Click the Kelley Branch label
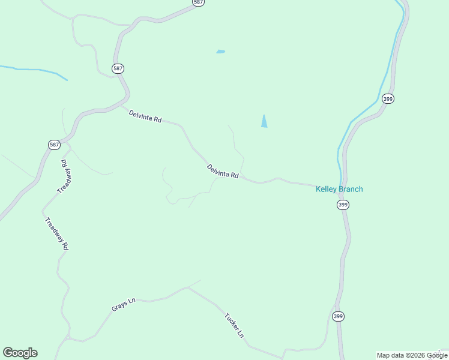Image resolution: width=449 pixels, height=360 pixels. click(x=339, y=190)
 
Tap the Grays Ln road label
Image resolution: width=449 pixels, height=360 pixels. click(x=124, y=305)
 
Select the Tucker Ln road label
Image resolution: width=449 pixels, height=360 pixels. click(x=235, y=325)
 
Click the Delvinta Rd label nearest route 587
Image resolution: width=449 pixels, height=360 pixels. click(x=145, y=115)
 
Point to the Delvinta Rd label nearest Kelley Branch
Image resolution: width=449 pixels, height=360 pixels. click(x=223, y=172)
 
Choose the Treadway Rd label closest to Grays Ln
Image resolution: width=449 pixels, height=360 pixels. click(x=57, y=233)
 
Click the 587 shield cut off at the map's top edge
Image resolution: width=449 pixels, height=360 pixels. click(x=199, y=2)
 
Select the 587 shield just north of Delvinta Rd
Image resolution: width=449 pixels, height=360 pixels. click(x=118, y=68)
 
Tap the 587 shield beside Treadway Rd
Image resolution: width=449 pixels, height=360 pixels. click(x=54, y=145)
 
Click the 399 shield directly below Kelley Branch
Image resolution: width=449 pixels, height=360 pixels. click(x=342, y=205)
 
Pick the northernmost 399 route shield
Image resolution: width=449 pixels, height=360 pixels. click(x=388, y=99)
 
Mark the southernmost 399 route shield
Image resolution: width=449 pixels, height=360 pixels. click(x=339, y=316)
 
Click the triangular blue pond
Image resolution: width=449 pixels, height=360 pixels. click(x=264, y=121)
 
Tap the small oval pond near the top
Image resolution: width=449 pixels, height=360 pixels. click(x=220, y=52)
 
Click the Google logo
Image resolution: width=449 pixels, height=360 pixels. click(x=20, y=353)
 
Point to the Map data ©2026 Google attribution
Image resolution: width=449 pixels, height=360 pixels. click(x=412, y=355)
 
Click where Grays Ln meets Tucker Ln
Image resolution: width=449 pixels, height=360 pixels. click(x=187, y=287)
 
